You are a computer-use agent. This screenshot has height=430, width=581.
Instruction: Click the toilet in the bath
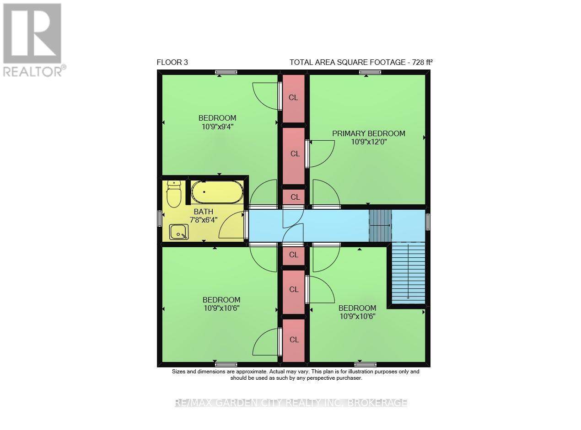pyautogui.click(x=174, y=194)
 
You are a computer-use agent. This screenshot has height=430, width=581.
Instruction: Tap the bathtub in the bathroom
pyautogui.click(x=217, y=192)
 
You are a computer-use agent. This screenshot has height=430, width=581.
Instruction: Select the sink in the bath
pyautogui.click(x=178, y=232)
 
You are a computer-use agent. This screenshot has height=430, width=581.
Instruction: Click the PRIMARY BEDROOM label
pyautogui.click(x=369, y=133)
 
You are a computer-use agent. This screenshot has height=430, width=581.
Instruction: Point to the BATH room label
pyautogui.click(x=203, y=212)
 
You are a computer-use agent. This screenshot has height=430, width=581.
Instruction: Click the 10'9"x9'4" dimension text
pyautogui.click(x=217, y=127)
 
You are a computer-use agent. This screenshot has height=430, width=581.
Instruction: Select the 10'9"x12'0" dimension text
pyautogui.click(x=369, y=142)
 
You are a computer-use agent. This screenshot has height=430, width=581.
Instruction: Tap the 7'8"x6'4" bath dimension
pyautogui.click(x=204, y=220)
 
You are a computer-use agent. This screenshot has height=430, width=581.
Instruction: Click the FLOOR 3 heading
pyautogui.click(x=172, y=62)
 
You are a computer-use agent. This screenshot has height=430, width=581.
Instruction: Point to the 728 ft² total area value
pyautogui.click(x=422, y=62)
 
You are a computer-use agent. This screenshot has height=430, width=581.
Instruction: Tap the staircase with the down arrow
pyautogui.click(x=408, y=273)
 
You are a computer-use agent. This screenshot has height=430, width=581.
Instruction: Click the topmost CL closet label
pyautogui.click(x=293, y=98)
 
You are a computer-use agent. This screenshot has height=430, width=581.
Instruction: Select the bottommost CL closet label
pyautogui.click(x=294, y=340)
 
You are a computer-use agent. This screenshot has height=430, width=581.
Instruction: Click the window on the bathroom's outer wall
pyautogui.click(x=159, y=218)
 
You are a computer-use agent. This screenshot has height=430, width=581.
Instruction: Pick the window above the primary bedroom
pyautogui.click(x=370, y=72)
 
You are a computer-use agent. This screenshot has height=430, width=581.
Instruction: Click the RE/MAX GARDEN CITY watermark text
pyautogui.click(x=291, y=403)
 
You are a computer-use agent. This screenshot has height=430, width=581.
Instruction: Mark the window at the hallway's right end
pyautogui.click(x=427, y=222)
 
